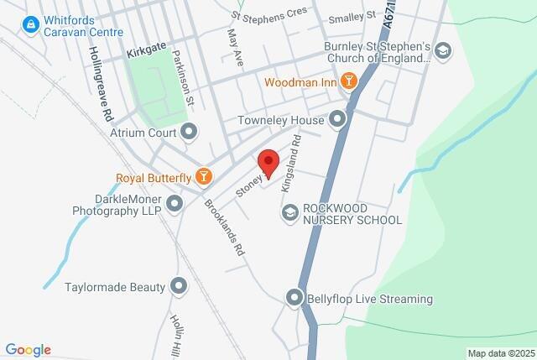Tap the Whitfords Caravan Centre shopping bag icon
click(32, 24)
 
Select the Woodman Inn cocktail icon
click(347, 82)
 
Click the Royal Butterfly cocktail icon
click(202, 176)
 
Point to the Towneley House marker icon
click(338, 121)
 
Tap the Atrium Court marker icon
click(190, 132)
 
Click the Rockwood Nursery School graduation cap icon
click(290, 213)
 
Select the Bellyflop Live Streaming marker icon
click(294, 298)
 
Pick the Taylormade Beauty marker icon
click(179, 287)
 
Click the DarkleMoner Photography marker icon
click(175, 203)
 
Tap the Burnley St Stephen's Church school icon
click(444, 52)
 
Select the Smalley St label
click(352, 16)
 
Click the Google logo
click(28, 350)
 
